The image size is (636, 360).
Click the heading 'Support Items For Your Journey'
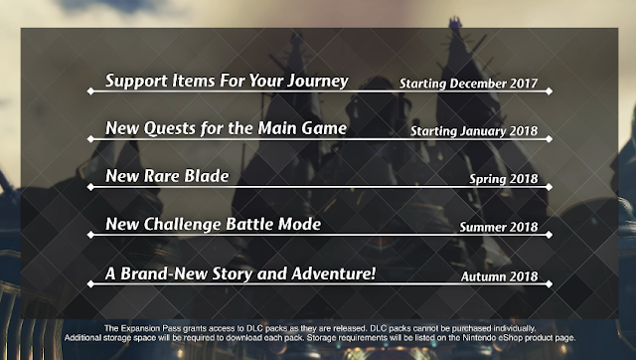pyautogui.click(x=227, y=80)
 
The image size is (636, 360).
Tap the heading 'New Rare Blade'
pyautogui.click(x=167, y=176)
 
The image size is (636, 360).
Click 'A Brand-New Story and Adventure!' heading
pyautogui.click(x=239, y=272)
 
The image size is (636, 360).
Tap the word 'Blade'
pyautogui.click(x=207, y=176)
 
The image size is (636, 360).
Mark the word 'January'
pyautogui.click(x=494, y=131)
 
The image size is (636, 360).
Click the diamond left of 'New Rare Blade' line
pyautogui.click(x=89, y=188)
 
